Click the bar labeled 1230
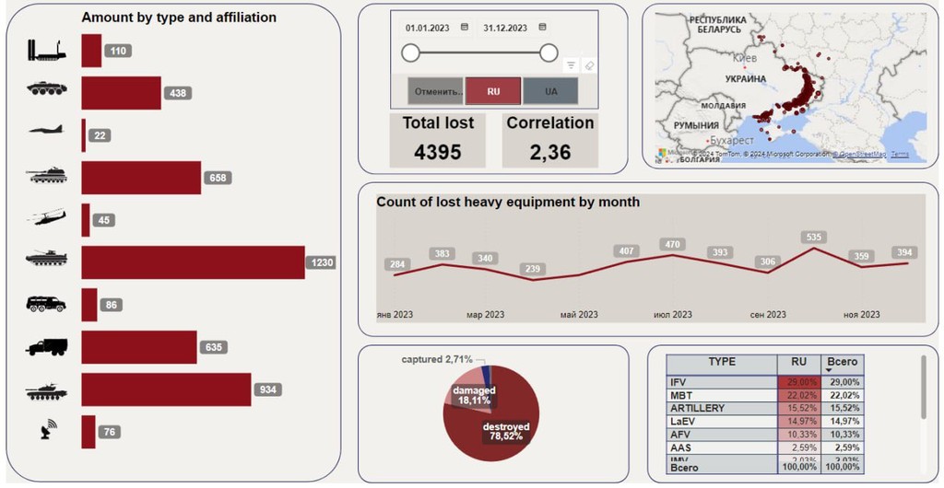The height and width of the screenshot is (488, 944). [x=193, y=262]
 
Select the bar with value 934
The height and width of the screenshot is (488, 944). [x=166, y=389]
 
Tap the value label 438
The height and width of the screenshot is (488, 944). [x=178, y=93]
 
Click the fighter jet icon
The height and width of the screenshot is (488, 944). [x=46, y=130]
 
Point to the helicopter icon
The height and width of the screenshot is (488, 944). [x=46, y=218]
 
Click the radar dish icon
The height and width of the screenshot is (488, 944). [x=48, y=429]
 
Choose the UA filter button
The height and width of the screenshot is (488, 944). [x=550, y=92]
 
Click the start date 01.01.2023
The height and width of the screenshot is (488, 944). [x=428, y=28]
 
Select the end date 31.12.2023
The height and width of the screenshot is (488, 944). [x=505, y=28]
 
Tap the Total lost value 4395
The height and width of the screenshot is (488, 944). [x=438, y=152]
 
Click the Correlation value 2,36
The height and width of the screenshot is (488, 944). [x=550, y=152]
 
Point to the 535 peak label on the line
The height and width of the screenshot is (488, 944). [x=813, y=237]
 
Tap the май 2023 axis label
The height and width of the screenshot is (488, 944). [x=579, y=315]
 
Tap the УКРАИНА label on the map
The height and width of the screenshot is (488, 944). [x=746, y=79]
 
